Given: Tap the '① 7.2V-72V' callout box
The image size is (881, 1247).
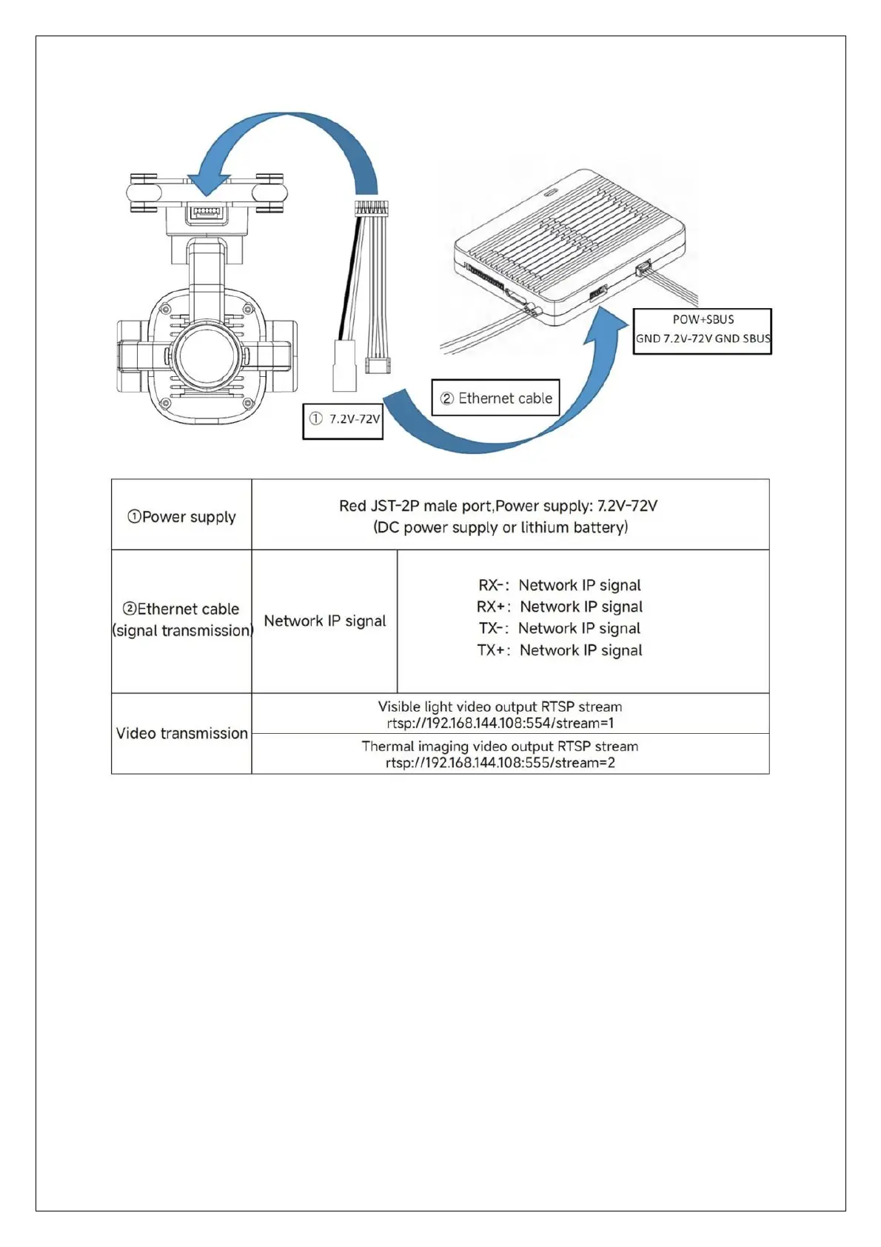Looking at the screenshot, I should (x=343, y=421).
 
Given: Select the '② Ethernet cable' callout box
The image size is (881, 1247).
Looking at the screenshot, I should (x=496, y=398).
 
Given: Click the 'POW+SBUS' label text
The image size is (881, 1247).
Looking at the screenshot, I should (x=703, y=320).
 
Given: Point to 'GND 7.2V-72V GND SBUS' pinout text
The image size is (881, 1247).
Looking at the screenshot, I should (x=703, y=339).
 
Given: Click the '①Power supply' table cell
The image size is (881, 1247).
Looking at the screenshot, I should (x=181, y=517).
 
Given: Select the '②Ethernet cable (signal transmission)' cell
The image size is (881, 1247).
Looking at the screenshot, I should (x=181, y=620).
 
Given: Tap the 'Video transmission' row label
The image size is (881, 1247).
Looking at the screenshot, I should (x=181, y=733).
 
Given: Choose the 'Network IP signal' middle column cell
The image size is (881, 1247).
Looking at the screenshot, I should (x=325, y=621).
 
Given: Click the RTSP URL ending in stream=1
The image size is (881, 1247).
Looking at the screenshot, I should (x=500, y=723).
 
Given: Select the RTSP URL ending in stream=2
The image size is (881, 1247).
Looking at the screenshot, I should (x=500, y=763).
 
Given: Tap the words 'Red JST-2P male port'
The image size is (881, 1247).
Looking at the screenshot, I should (x=415, y=506).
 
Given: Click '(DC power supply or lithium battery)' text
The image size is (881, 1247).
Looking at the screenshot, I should (x=500, y=527).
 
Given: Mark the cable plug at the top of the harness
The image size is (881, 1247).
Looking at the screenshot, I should (x=372, y=207).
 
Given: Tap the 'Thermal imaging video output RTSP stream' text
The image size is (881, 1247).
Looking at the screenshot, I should (x=500, y=746).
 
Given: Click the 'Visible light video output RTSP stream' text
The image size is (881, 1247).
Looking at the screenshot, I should (x=500, y=707).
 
